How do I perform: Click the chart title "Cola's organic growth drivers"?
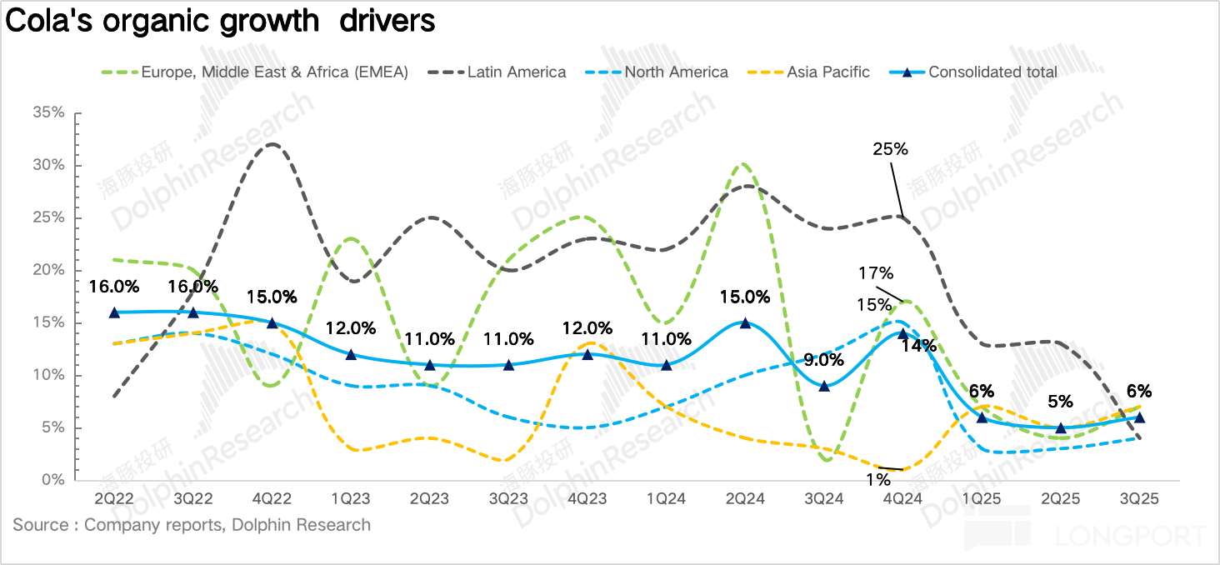pyautogui.click(x=220, y=21)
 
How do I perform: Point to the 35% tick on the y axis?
pyautogui.click(x=47, y=112)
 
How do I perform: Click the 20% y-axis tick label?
pyautogui.click(x=47, y=270)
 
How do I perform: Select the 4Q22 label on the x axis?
pyautogui.click(x=272, y=498)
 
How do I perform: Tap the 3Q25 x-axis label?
pyautogui.click(x=1139, y=498)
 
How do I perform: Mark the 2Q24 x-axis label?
pyautogui.click(x=745, y=498)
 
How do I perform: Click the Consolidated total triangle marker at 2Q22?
pyautogui.click(x=114, y=312)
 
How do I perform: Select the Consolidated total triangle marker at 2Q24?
pyautogui.click(x=745, y=322)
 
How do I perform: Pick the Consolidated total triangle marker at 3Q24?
pyautogui.click(x=824, y=386)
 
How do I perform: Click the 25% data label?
pyautogui.click(x=890, y=149)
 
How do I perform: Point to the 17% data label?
pyautogui.click(x=876, y=273)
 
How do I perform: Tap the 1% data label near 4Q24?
pyautogui.click(x=877, y=480)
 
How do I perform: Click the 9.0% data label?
pyautogui.click(x=824, y=361)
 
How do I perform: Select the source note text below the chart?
pyautogui.click(x=192, y=525)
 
